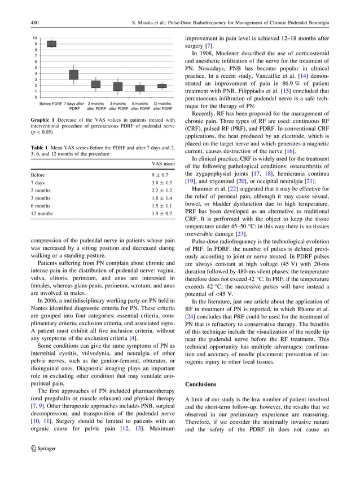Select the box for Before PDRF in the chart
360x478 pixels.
point(51,43)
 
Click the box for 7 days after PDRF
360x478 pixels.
point(74,74)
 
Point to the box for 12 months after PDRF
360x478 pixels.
point(162,86)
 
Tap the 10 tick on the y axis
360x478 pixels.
point(35,38)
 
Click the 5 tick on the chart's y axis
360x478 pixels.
point(36,67)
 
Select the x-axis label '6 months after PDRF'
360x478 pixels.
point(140,106)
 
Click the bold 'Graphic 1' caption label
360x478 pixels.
point(43,121)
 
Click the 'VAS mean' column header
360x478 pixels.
point(163,163)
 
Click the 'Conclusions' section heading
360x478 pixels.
point(200,384)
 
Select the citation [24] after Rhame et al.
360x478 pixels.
point(190,317)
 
